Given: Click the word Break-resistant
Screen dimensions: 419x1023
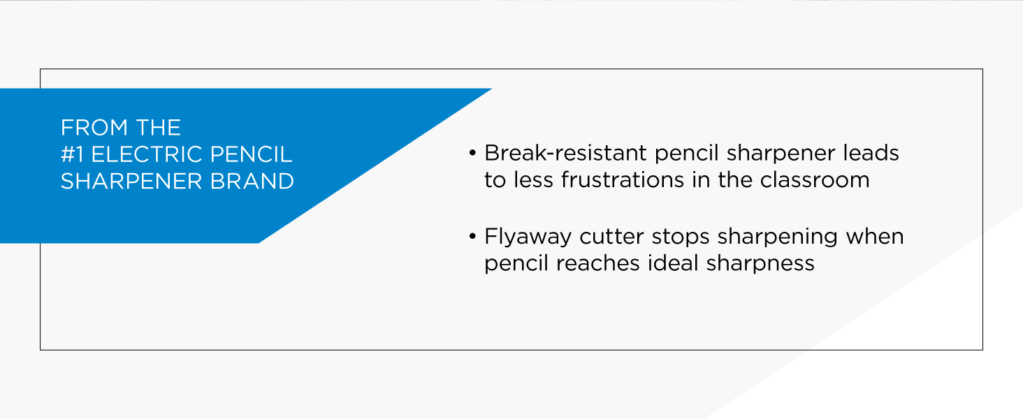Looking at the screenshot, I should (x=566, y=152).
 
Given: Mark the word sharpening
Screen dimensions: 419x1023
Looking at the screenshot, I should (x=777, y=237).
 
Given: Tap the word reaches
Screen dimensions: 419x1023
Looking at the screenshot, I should (x=607, y=263).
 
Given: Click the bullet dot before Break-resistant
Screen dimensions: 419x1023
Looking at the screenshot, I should (x=473, y=153).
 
